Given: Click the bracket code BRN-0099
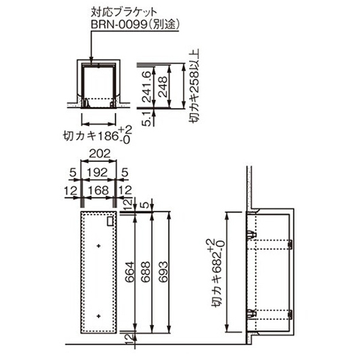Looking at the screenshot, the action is pyautogui.click(x=119, y=24).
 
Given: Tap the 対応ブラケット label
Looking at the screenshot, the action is pyautogui.click(x=124, y=12).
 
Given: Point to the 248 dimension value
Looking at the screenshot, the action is pyautogui.click(x=163, y=86).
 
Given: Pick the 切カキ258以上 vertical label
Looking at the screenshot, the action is pyautogui.click(x=194, y=86).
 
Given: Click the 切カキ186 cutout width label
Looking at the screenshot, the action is pyautogui.click(x=90, y=136).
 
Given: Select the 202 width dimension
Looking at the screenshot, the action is pyautogui.click(x=99, y=153).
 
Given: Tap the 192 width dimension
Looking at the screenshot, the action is pyautogui.click(x=97, y=172).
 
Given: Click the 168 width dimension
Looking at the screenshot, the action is pyautogui.click(x=99, y=191).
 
